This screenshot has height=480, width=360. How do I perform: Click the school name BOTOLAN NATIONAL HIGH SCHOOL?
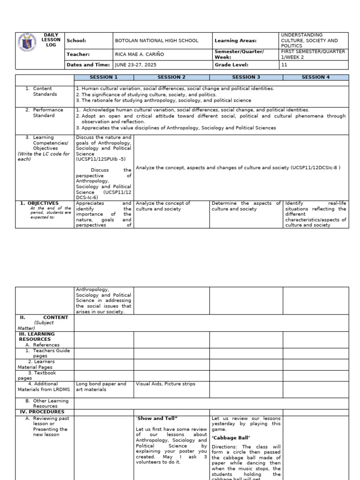tap(156, 41)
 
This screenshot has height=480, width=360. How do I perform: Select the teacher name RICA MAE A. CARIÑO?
tap(140, 54)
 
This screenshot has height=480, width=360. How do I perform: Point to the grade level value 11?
tap(284, 65)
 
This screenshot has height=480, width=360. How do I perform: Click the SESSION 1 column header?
tap(104, 77)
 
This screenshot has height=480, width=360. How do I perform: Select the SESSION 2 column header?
tap(171, 77)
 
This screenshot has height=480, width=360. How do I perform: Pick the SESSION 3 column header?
tap(246, 77)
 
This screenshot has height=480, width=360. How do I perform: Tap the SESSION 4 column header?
tap(315, 77)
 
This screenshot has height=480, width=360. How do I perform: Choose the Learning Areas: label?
tap(235, 41)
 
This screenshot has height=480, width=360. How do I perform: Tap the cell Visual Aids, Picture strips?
tap(159, 384)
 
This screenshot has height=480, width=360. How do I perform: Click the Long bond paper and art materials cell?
tap(101, 386)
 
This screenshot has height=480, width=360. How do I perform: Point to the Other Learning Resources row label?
tap(47, 403)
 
